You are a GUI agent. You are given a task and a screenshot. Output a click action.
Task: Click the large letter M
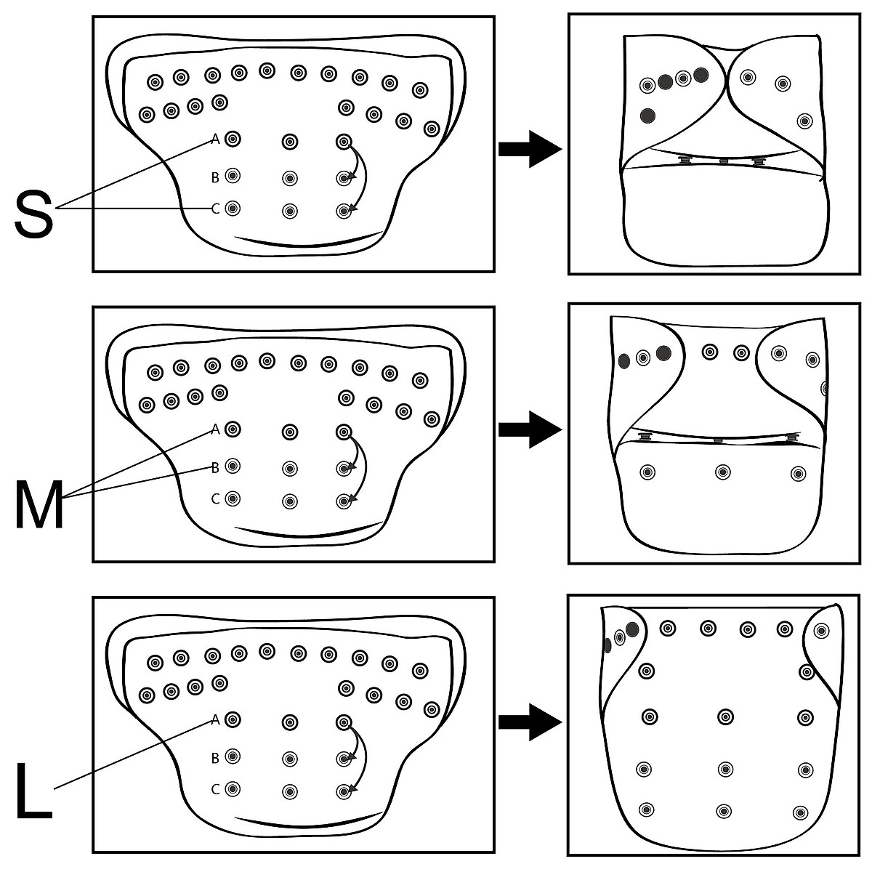[x=39, y=501]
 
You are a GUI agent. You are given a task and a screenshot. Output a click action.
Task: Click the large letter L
[x=33, y=792]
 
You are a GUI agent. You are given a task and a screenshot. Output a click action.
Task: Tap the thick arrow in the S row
[x=530, y=150]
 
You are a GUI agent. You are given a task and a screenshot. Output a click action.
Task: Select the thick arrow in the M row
[x=530, y=429]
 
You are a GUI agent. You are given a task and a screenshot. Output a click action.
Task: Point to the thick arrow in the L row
[x=530, y=722]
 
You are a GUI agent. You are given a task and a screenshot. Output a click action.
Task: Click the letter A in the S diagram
[x=215, y=139]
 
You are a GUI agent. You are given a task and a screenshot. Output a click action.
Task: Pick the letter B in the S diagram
[x=215, y=177]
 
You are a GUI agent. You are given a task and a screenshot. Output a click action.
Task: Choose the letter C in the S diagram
[x=215, y=209]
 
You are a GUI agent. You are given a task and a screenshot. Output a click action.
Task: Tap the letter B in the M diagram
[x=215, y=467]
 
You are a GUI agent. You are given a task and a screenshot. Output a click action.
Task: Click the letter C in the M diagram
[x=215, y=499]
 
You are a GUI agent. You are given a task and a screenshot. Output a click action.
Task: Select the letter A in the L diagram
[x=215, y=720]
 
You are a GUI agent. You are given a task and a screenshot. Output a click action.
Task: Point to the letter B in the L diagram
[x=215, y=758]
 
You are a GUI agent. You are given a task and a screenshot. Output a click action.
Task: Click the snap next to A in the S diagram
[x=233, y=139]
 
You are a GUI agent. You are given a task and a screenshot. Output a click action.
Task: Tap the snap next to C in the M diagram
[x=233, y=498]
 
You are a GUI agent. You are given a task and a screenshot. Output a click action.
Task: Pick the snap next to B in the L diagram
[x=233, y=756]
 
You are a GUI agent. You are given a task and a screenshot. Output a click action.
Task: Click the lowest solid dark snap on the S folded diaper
[x=648, y=115]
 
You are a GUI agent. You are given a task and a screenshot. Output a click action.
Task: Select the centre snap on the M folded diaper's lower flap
[x=722, y=472]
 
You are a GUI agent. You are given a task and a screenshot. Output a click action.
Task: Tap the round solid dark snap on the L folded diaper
[x=631, y=629]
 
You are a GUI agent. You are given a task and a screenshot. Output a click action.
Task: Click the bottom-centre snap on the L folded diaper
[x=723, y=811]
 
